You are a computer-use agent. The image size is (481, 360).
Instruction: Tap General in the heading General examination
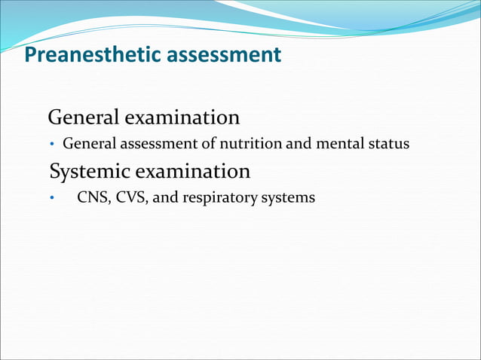(82, 118)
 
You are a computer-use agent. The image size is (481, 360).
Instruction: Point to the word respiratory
(220, 199)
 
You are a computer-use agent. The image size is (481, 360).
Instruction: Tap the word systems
(287, 199)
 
